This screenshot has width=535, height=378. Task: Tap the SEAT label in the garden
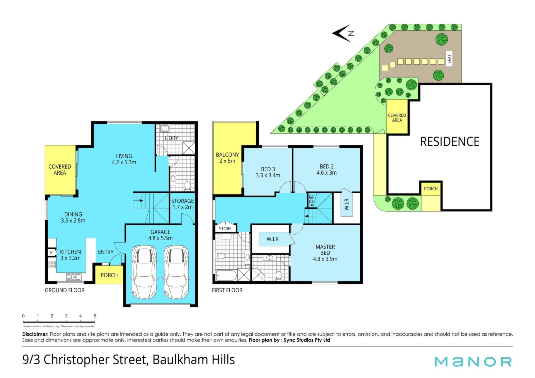449,58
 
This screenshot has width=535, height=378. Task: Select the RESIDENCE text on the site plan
449,142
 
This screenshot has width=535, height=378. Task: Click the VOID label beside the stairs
312,200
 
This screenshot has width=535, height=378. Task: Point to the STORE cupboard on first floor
225,229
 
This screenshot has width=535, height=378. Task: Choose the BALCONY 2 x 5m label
227,158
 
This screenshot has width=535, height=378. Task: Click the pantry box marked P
51,253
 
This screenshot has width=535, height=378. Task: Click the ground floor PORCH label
109,275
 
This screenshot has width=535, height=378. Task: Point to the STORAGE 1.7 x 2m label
183,204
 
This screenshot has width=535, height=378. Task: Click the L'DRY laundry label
171,138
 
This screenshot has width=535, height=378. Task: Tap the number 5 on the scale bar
95,316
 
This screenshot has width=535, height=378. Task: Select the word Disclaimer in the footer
35,334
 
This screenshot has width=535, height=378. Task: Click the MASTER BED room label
325,250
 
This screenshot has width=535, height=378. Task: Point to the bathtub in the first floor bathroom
226,275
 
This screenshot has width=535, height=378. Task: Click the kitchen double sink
74,277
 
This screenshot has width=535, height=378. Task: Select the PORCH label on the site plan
431,189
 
